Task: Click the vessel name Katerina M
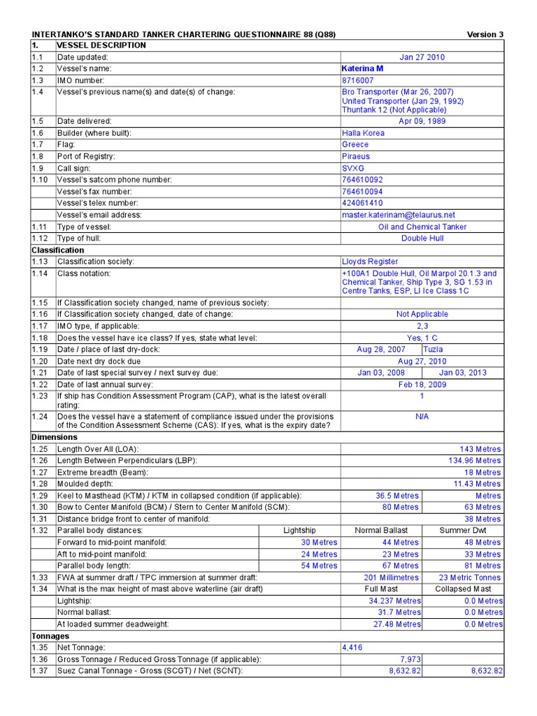pyautogui.click(x=362, y=69)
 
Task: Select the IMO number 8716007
pyautogui.click(x=358, y=80)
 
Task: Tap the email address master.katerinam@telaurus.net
pyautogui.click(x=398, y=215)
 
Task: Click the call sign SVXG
pyautogui.click(x=353, y=169)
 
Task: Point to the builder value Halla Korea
pyautogui.click(x=363, y=133)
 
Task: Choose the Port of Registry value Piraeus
pyautogui.click(x=356, y=157)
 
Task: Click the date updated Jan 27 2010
pyautogui.click(x=422, y=57)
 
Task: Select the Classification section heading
pyautogui.click(x=58, y=250)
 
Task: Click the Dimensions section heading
pyautogui.click(x=55, y=437)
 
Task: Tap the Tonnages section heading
pyautogui.click(x=50, y=636)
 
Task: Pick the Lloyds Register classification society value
pyautogui.click(x=370, y=262)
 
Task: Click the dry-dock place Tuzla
pyautogui.click(x=433, y=349)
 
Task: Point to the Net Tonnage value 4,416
pyautogui.click(x=352, y=648)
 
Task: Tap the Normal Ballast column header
pyautogui.click(x=381, y=531)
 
